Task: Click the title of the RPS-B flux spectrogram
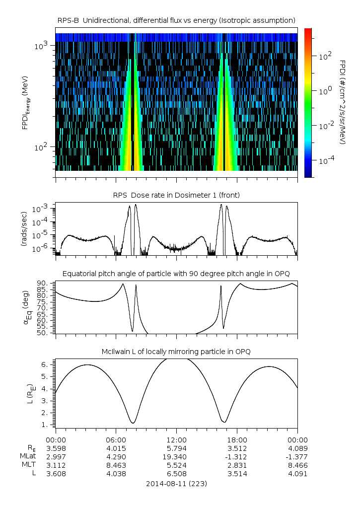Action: click(176, 20)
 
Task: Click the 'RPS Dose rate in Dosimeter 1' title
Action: click(176, 195)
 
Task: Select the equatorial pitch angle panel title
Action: click(176, 274)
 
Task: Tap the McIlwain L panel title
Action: click(176, 352)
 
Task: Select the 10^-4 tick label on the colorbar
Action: click(326, 161)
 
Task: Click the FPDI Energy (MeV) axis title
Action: click(25, 102)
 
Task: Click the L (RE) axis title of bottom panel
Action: click(30, 391)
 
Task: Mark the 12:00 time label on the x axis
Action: click(176, 440)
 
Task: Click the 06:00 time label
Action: click(116, 440)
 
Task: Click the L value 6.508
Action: click(176, 474)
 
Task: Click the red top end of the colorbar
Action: click(308, 31)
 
